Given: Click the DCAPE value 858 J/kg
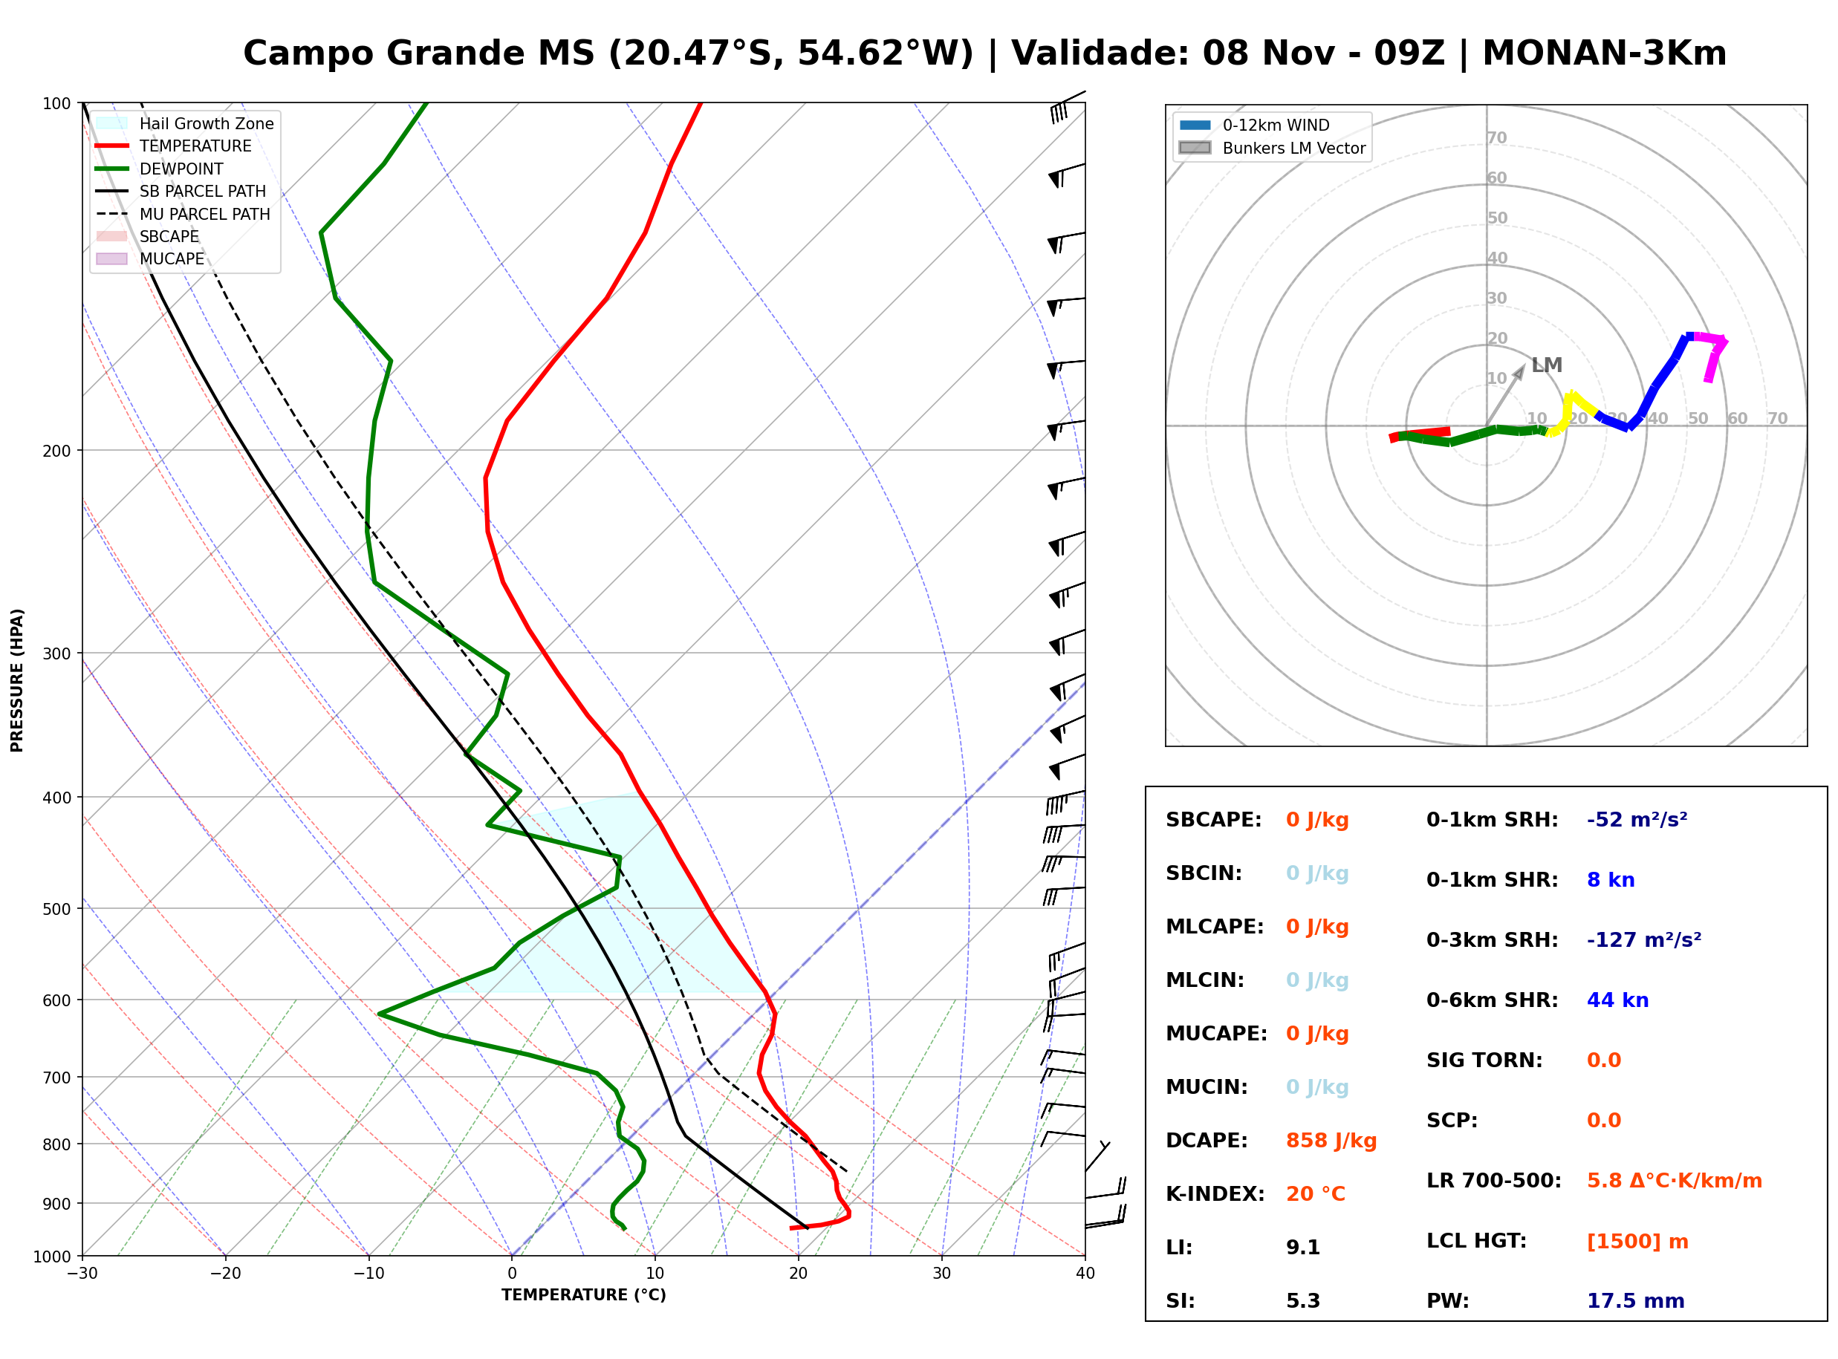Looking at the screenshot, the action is coord(1331,1141).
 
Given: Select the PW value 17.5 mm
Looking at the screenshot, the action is coord(1634,1301).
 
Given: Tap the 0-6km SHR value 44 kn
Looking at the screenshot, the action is coord(1617,1000).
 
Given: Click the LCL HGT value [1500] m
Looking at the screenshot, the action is coord(1637,1242).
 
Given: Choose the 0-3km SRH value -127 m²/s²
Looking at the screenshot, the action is coord(1644,939).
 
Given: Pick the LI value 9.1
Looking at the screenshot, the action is coord(1303,1248).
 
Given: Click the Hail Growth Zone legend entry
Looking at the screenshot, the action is coord(185,123).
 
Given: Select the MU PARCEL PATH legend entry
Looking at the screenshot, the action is coord(184,214).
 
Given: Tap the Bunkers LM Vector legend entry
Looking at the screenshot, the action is coord(1272,148).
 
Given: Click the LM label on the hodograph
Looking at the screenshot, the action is coord(1547,365).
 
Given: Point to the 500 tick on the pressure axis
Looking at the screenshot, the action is coord(56,909).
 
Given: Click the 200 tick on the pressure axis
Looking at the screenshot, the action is coord(56,451).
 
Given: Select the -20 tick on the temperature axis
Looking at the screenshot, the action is coord(224,1274).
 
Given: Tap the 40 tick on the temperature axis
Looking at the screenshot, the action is coord(1085,1274).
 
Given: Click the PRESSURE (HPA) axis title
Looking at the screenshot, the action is coord(17,680).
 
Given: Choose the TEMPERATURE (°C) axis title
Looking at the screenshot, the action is coord(584,1296).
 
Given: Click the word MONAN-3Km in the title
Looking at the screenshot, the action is coord(1604,53).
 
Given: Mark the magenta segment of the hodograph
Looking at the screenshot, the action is coord(1716,353).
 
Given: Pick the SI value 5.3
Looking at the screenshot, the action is coord(1303,1301).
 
